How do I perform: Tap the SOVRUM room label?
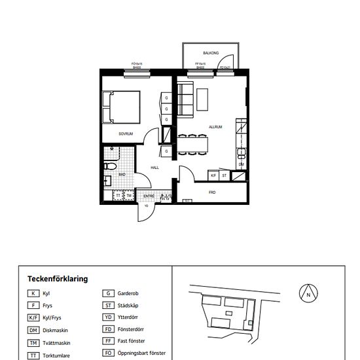point(126,134)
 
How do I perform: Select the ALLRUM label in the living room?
point(216,127)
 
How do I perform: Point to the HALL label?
point(155,168)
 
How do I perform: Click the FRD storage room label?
point(212,192)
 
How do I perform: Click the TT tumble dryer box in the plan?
point(118,196)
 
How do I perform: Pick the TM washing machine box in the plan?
point(129,196)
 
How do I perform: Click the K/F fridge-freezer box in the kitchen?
point(213,175)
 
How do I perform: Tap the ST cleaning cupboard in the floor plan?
point(224,175)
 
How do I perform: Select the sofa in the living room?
point(185,100)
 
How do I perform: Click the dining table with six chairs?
point(193,143)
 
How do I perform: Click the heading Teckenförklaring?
point(54,279)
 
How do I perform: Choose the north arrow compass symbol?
point(307,294)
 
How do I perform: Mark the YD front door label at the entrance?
point(147,206)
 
